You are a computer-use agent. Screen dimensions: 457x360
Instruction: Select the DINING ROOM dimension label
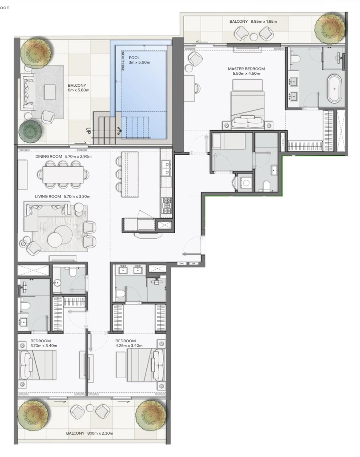pyautogui.click(x=63, y=156)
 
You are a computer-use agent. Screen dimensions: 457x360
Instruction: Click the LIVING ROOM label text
pyautogui.click(x=63, y=196)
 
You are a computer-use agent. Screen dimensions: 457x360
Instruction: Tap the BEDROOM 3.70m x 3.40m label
pyautogui.click(x=44, y=343)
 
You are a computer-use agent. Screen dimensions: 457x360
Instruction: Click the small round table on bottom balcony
pyautogui.click(x=90, y=408)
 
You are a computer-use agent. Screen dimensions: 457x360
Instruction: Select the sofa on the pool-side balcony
pyautogui.click(x=28, y=91)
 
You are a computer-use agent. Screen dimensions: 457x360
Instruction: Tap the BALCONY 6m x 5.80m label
pyautogui.click(x=78, y=88)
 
